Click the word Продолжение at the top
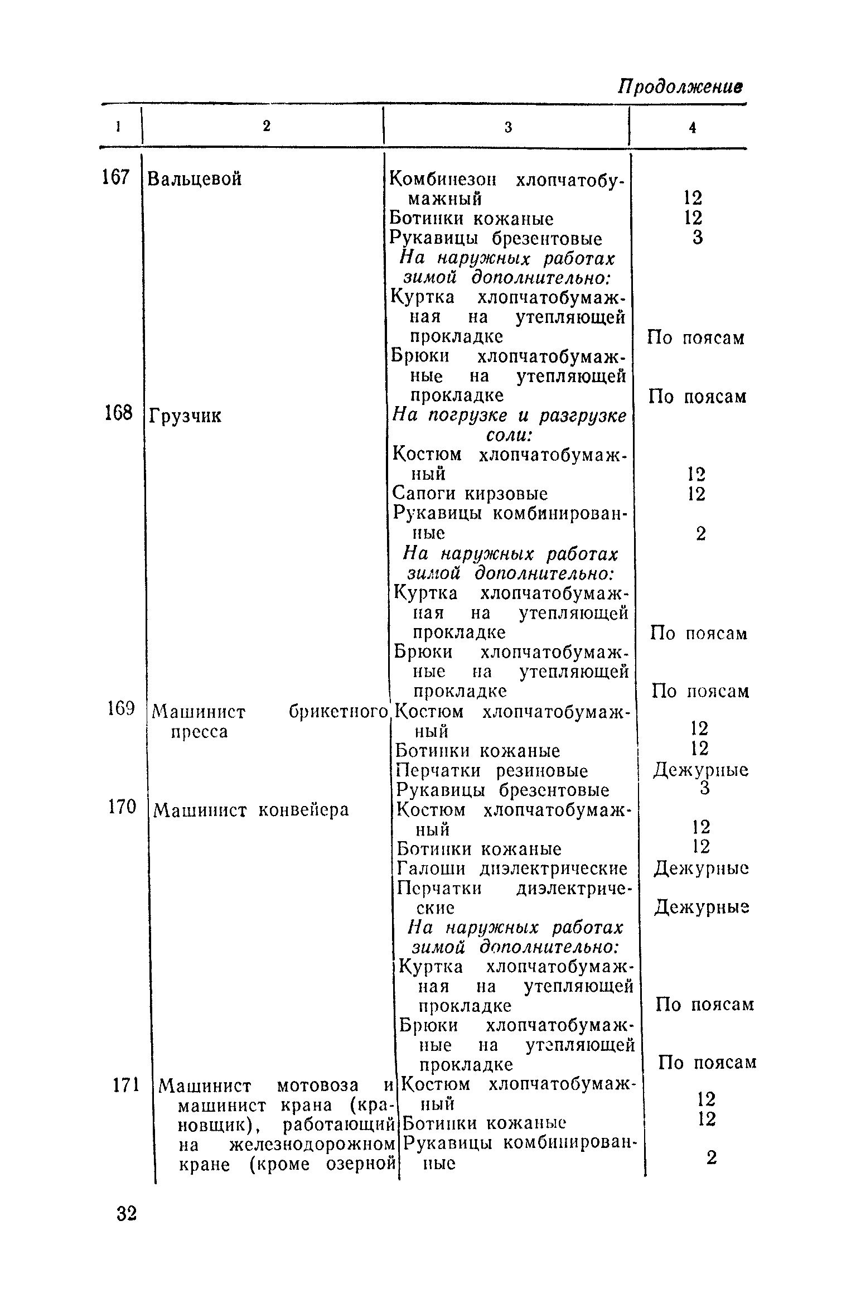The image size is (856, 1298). (681, 88)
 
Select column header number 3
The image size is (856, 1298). (508, 128)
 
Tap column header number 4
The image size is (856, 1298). (692, 128)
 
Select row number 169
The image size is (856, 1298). (120, 709)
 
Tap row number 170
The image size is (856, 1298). (122, 807)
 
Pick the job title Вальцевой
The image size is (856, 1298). (195, 179)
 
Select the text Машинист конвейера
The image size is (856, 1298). (251, 810)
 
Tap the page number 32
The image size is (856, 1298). (127, 1214)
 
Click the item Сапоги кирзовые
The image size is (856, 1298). (470, 494)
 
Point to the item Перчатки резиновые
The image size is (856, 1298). (492, 771)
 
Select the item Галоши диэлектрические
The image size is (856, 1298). (512, 869)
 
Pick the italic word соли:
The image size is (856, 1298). (507, 435)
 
